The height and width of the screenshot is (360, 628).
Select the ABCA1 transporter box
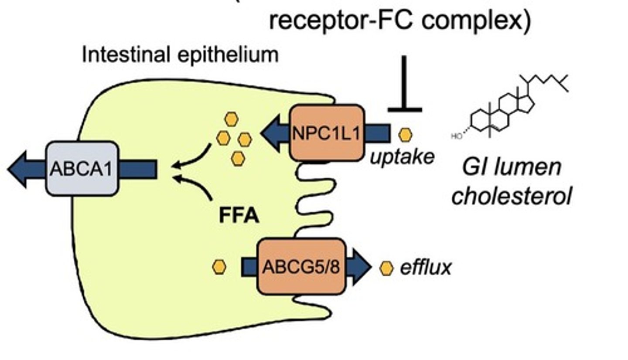click(x=82, y=168)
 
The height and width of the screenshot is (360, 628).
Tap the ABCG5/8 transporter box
click(x=301, y=266)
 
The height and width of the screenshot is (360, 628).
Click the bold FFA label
click(x=239, y=216)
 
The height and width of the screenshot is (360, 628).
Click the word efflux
click(x=425, y=268)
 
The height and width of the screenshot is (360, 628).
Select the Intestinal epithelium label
click(x=180, y=55)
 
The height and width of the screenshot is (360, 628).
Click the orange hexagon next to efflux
click(x=386, y=268)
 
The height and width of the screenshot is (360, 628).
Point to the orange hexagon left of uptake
click(x=405, y=135)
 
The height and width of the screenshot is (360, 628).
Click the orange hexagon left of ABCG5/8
click(x=219, y=267)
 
